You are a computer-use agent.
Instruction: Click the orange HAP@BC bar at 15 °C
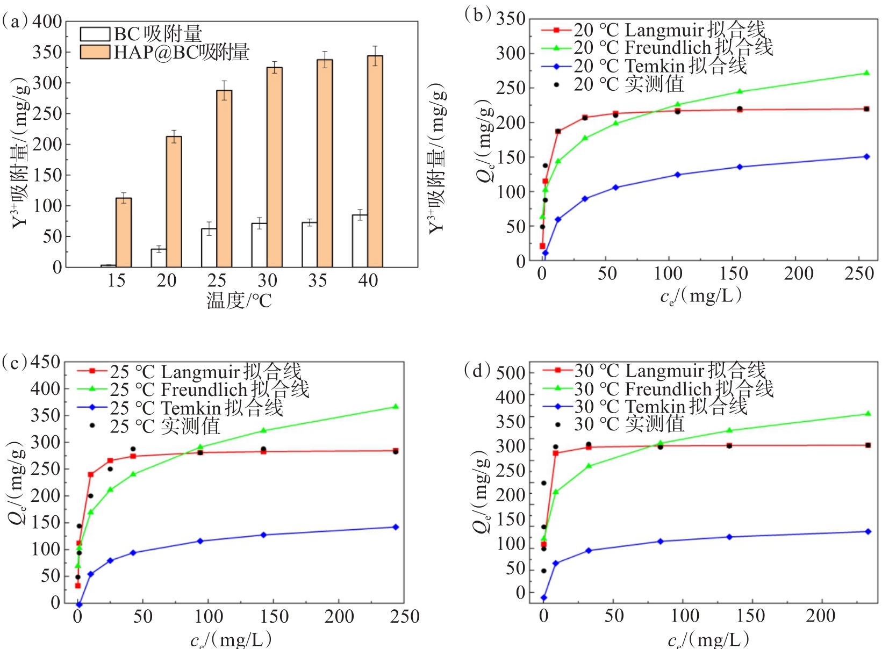pos(124,232)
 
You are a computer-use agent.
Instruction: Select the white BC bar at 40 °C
pos(360,241)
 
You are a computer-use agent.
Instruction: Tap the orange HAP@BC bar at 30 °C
pos(275,167)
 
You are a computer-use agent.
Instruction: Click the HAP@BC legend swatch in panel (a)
pos(95,52)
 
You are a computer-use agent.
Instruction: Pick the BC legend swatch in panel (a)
pos(95,34)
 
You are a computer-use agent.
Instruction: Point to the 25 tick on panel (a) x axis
pos(217,280)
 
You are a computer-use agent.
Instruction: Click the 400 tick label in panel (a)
pos(47,22)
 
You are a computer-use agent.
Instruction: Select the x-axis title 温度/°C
pos(239,301)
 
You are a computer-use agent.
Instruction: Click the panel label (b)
pos(478,15)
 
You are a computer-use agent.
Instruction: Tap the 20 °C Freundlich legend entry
pos(672,48)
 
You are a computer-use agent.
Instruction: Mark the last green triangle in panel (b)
pos(866,73)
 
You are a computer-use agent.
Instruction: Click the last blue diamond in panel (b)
pos(866,156)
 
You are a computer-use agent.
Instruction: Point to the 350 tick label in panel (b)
pos(511,19)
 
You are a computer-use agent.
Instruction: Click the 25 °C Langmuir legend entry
pos(205,371)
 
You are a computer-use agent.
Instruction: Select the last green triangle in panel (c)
pos(396,407)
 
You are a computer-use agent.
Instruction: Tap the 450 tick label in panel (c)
pos(45,362)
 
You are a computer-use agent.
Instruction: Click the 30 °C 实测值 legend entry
pos(628,424)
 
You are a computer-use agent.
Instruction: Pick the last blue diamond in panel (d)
pos(868,531)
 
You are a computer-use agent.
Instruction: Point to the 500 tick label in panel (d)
pos(511,372)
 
